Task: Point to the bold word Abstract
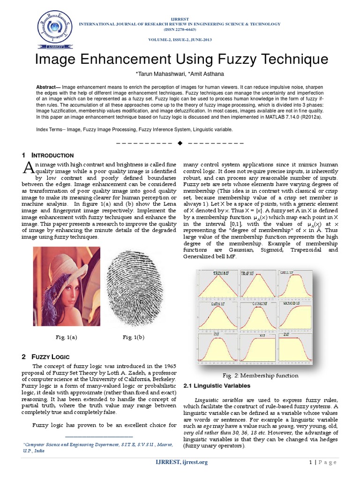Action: tap(48, 88)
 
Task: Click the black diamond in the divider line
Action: tap(180, 142)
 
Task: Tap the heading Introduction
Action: tap(52, 155)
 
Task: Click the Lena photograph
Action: tap(67, 286)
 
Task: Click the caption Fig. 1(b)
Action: tap(134, 337)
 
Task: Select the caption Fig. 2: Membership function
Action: tap(260, 375)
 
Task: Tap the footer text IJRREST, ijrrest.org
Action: tap(181, 463)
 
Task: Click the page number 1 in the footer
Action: tap(310, 463)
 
